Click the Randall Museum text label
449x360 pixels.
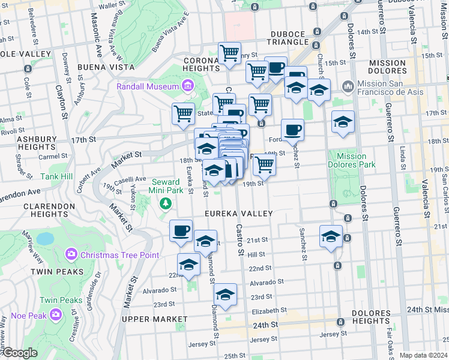coord(148,87)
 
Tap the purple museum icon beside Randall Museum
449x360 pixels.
coord(188,87)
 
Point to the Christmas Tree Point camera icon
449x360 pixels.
coord(71,254)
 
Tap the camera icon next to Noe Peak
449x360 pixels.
coord(56,314)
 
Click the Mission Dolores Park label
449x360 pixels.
coord(348,160)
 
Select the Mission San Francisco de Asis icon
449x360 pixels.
coord(348,88)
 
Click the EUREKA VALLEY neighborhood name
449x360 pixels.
coord(239,214)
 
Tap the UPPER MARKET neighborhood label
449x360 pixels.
coord(151,319)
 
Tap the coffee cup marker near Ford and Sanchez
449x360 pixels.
coord(292,130)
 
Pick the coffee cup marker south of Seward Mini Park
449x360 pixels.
coord(181,230)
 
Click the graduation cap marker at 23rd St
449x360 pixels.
coord(225,294)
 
